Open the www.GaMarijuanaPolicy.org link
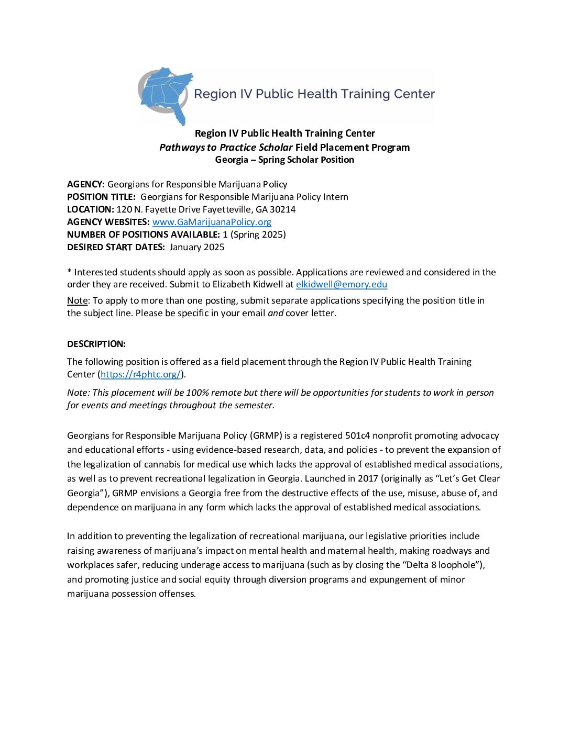pos(212,222)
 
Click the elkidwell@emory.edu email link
pos(341,285)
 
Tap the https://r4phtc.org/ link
pos(140,374)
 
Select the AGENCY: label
pos(86,184)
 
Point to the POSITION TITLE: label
pos(101,197)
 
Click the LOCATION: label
pos(90,209)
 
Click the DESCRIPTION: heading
pos(96,344)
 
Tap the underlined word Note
pos(77,300)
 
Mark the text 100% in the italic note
pos(197,393)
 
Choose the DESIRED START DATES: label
pos(116,247)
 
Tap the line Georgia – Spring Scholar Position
pos(284,160)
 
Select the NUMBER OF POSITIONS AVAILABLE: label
pos(144,234)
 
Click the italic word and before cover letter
pos(276,313)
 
